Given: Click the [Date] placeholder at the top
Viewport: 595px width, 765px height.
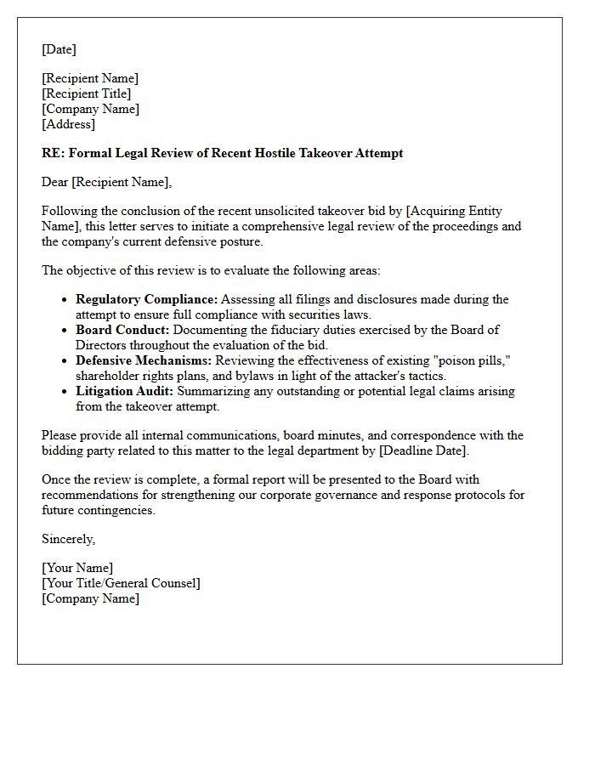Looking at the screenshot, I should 59,49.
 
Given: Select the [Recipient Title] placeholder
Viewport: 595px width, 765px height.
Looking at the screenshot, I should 87,93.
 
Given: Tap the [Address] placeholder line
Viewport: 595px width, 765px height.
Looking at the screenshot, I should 68,124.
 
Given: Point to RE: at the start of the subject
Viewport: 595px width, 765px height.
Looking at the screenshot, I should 53,153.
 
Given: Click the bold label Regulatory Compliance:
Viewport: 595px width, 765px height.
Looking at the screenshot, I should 146,299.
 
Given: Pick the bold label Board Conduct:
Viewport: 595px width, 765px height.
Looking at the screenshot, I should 122,330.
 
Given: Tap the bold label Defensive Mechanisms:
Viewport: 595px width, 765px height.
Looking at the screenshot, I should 144,360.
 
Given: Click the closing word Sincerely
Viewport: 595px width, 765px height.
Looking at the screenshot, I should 68,539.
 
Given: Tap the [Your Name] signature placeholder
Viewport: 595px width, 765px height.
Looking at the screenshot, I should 77,568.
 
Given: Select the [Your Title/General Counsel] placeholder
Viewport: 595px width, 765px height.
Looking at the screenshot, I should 121,583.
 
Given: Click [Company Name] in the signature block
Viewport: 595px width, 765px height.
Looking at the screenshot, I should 90,598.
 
